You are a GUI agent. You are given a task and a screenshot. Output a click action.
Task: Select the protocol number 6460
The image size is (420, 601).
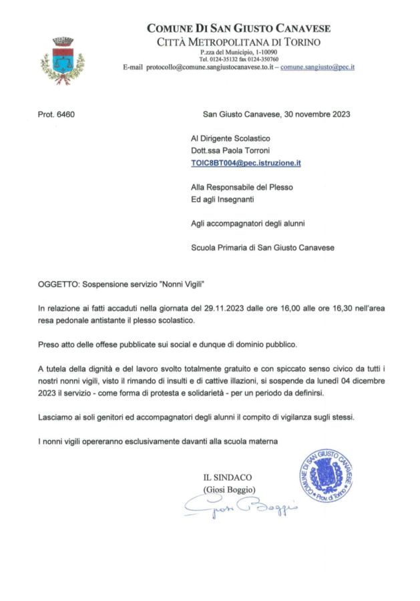[57, 114]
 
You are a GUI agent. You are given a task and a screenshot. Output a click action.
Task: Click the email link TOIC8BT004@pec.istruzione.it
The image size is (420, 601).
[246, 162]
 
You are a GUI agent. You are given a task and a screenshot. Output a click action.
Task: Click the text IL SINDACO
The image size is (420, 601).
[228, 477]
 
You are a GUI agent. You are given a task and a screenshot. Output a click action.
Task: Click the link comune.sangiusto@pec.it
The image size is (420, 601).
[317, 67]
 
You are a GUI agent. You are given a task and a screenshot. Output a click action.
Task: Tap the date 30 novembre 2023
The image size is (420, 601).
[314, 114]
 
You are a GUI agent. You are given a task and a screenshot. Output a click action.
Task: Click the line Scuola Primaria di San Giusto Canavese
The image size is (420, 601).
[262, 248]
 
